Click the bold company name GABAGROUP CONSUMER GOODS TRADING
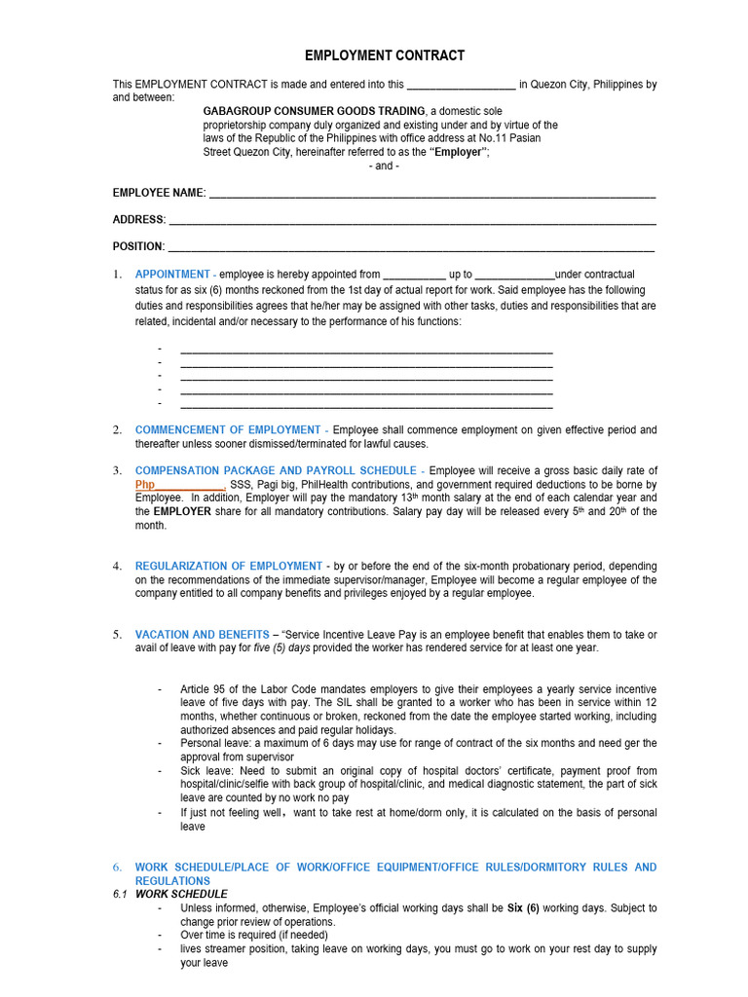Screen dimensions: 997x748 coord(314,112)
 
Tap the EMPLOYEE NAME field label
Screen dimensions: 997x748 coord(159,193)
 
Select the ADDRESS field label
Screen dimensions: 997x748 coord(139,220)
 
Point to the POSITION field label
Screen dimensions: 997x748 coord(139,246)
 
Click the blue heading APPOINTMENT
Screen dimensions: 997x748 coord(172,275)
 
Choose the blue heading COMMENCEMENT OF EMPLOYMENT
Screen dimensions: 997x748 coord(227,429)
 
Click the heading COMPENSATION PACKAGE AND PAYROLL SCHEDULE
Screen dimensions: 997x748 coord(275,470)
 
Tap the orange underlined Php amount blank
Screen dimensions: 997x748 coord(180,485)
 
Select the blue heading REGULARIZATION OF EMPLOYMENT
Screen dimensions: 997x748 coord(228,566)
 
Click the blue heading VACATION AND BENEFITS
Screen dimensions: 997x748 coord(202,635)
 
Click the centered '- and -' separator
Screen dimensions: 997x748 coord(385,166)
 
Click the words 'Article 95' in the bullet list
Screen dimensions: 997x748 coord(202,689)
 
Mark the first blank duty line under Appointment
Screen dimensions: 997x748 coord(366,349)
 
